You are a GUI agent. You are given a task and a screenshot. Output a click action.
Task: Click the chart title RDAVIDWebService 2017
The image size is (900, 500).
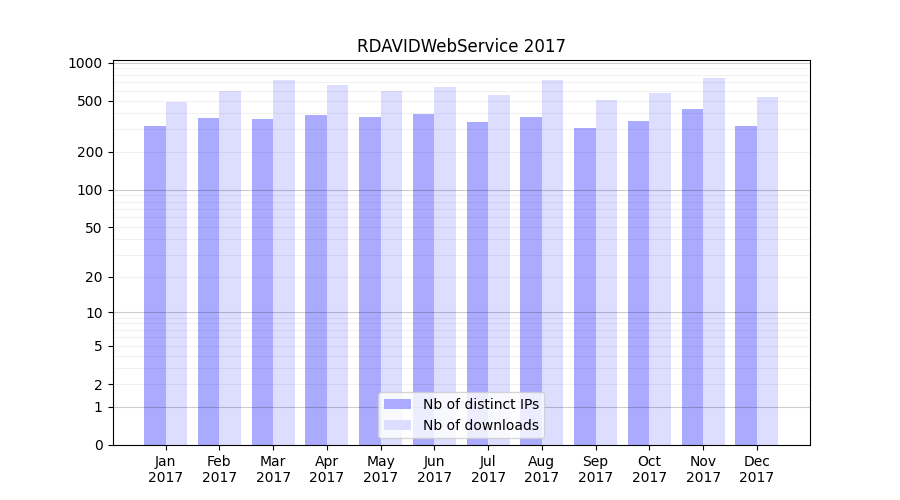point(461,46)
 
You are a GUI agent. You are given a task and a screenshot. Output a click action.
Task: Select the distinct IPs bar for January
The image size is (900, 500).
point(155,285)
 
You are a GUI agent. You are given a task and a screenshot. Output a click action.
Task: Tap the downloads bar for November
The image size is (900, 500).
point(714,261)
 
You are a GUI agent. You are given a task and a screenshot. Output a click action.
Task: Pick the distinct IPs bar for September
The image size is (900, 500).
point(585,286)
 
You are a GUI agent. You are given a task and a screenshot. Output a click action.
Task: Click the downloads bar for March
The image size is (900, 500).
point(284,262)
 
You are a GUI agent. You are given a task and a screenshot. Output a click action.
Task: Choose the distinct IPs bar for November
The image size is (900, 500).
point(692,277)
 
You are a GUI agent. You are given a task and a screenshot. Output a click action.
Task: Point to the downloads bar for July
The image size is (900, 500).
point(499,270)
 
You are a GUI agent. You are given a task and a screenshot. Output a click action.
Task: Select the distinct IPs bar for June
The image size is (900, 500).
point(424,279)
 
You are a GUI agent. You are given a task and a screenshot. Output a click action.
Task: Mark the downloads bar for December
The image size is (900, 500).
point(767,271)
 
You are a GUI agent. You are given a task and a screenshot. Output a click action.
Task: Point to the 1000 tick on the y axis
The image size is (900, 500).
point(86,63)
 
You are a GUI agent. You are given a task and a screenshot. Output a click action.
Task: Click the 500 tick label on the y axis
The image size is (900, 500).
point(90,101)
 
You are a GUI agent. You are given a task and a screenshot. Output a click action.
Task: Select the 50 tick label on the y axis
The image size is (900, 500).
point(94,227)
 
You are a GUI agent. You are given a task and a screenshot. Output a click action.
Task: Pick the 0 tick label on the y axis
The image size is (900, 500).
point(98,445)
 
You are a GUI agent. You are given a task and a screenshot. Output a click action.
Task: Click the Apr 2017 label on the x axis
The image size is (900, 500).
point(327,469)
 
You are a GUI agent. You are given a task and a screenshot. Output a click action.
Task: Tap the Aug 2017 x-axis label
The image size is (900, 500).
point(542,469)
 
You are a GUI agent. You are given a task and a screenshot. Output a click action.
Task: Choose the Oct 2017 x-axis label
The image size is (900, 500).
point(649,469)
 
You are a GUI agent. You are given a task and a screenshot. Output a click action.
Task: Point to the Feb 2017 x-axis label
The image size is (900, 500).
point(219,469)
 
